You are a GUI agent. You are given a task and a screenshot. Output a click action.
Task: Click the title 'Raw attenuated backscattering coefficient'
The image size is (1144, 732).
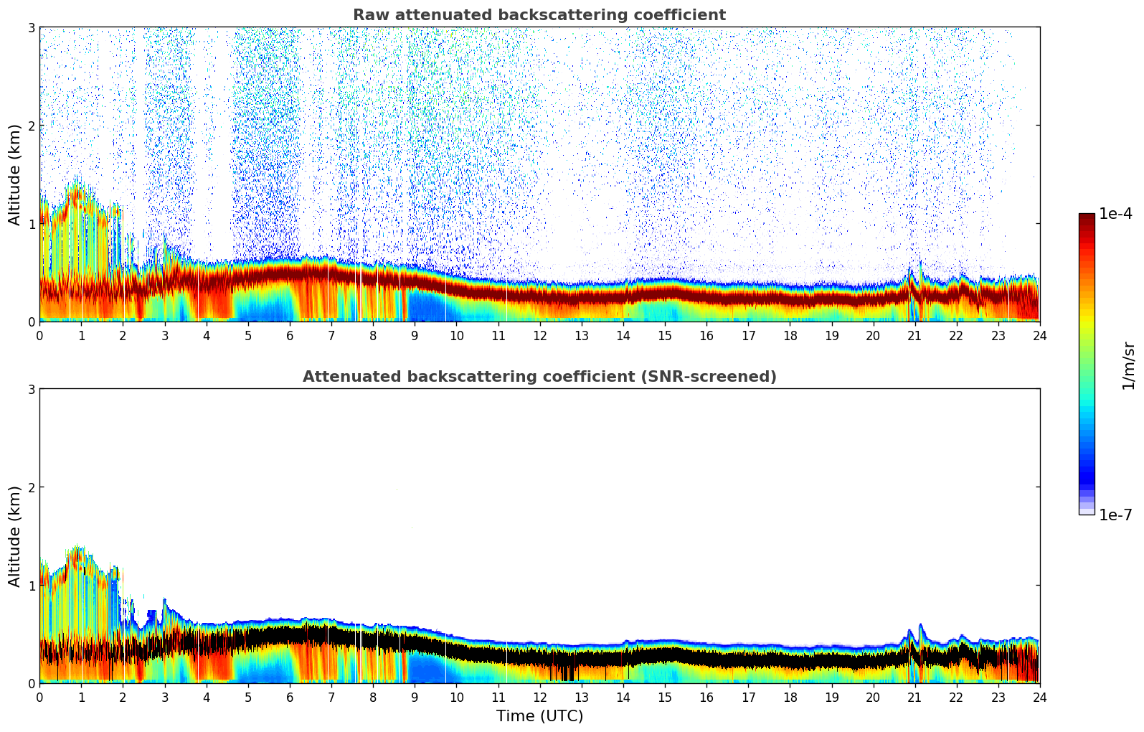(539, 15)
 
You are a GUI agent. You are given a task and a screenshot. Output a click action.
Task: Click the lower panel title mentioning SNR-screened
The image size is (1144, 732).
(539, 377)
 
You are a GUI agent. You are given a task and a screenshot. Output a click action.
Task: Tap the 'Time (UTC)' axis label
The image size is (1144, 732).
(539, 716)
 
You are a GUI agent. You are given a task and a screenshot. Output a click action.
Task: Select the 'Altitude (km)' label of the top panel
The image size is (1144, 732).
(15, 174)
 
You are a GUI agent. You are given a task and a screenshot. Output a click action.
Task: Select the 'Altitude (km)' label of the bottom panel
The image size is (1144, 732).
(15, 536)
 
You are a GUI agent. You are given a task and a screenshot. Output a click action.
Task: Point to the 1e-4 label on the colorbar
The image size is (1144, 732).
(1115, 214)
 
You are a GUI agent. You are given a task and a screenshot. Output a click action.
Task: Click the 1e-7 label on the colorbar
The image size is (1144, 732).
(1115, 515)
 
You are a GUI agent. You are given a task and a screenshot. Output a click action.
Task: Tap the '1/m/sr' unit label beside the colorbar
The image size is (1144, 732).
(1128, 365)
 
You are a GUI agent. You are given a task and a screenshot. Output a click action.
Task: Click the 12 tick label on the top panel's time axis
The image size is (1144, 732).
(540, 335)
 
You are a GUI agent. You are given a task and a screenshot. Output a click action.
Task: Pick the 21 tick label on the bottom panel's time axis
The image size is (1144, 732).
(914, 697)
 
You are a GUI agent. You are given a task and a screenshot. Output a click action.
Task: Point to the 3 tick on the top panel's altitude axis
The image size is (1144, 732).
(31, 27)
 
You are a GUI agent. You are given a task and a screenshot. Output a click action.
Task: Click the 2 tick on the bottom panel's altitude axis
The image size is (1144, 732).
(31, 487)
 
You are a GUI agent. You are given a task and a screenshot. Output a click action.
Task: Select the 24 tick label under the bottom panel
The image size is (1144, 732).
(1039, 697)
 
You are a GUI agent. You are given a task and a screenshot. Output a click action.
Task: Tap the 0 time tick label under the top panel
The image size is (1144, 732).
(39, 335)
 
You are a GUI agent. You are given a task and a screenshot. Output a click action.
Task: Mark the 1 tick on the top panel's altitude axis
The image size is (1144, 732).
(31, 224)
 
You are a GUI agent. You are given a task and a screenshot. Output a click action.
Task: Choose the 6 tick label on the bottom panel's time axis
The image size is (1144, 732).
(290, 697)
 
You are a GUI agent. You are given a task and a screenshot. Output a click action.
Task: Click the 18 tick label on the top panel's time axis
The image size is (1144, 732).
(790, 335)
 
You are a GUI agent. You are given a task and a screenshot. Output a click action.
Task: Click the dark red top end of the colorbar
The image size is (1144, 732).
(1087, 217)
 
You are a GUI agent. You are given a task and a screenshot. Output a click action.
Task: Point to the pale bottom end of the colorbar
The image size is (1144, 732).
(1087, 511)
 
